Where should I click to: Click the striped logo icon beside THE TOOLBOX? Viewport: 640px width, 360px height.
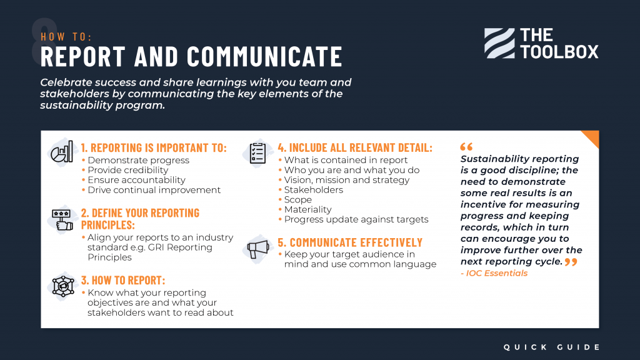(499, 43)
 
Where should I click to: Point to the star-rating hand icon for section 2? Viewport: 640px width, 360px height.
(62, 219)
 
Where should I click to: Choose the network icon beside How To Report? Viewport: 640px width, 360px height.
(62, 286)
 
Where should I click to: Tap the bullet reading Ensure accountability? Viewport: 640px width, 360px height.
(136, 180)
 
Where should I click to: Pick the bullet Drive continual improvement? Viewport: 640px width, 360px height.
(154, 190)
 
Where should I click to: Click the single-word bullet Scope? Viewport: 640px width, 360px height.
(298, 200)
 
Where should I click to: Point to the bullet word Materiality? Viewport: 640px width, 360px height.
(307, 209)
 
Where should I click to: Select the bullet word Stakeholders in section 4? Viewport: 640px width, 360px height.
(313, 190)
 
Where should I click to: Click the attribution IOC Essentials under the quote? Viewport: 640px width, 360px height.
(496, 273)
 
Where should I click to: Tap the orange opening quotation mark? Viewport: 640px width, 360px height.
(466, 147)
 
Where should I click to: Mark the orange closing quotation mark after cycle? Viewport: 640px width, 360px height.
(571, 262)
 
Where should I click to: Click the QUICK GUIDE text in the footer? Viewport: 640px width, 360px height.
(552, 347)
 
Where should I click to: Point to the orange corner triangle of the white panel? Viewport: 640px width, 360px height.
(592, 137)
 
